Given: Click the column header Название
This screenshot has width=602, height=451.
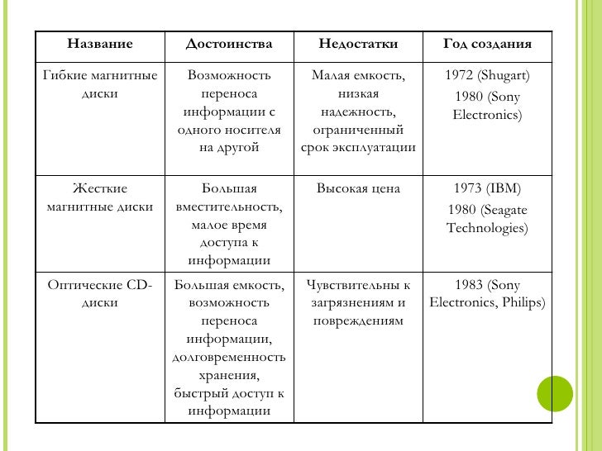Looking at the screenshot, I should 99,44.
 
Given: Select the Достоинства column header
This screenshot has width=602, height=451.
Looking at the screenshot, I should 228,44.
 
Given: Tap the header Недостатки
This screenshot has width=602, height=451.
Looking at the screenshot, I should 358,44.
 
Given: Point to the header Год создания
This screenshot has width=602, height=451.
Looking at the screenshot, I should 487,44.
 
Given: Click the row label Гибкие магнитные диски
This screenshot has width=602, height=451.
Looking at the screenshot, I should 100,85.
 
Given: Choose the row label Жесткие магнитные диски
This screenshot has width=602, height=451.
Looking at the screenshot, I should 100,197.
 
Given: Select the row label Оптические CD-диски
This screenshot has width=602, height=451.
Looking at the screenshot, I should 100,294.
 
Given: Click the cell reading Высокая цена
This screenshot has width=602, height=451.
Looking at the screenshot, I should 358,188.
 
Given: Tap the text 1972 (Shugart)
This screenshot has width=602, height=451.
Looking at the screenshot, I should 487,77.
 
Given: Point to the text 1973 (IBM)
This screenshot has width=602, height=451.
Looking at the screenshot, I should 487,188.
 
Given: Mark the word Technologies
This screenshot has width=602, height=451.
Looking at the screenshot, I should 487,227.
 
